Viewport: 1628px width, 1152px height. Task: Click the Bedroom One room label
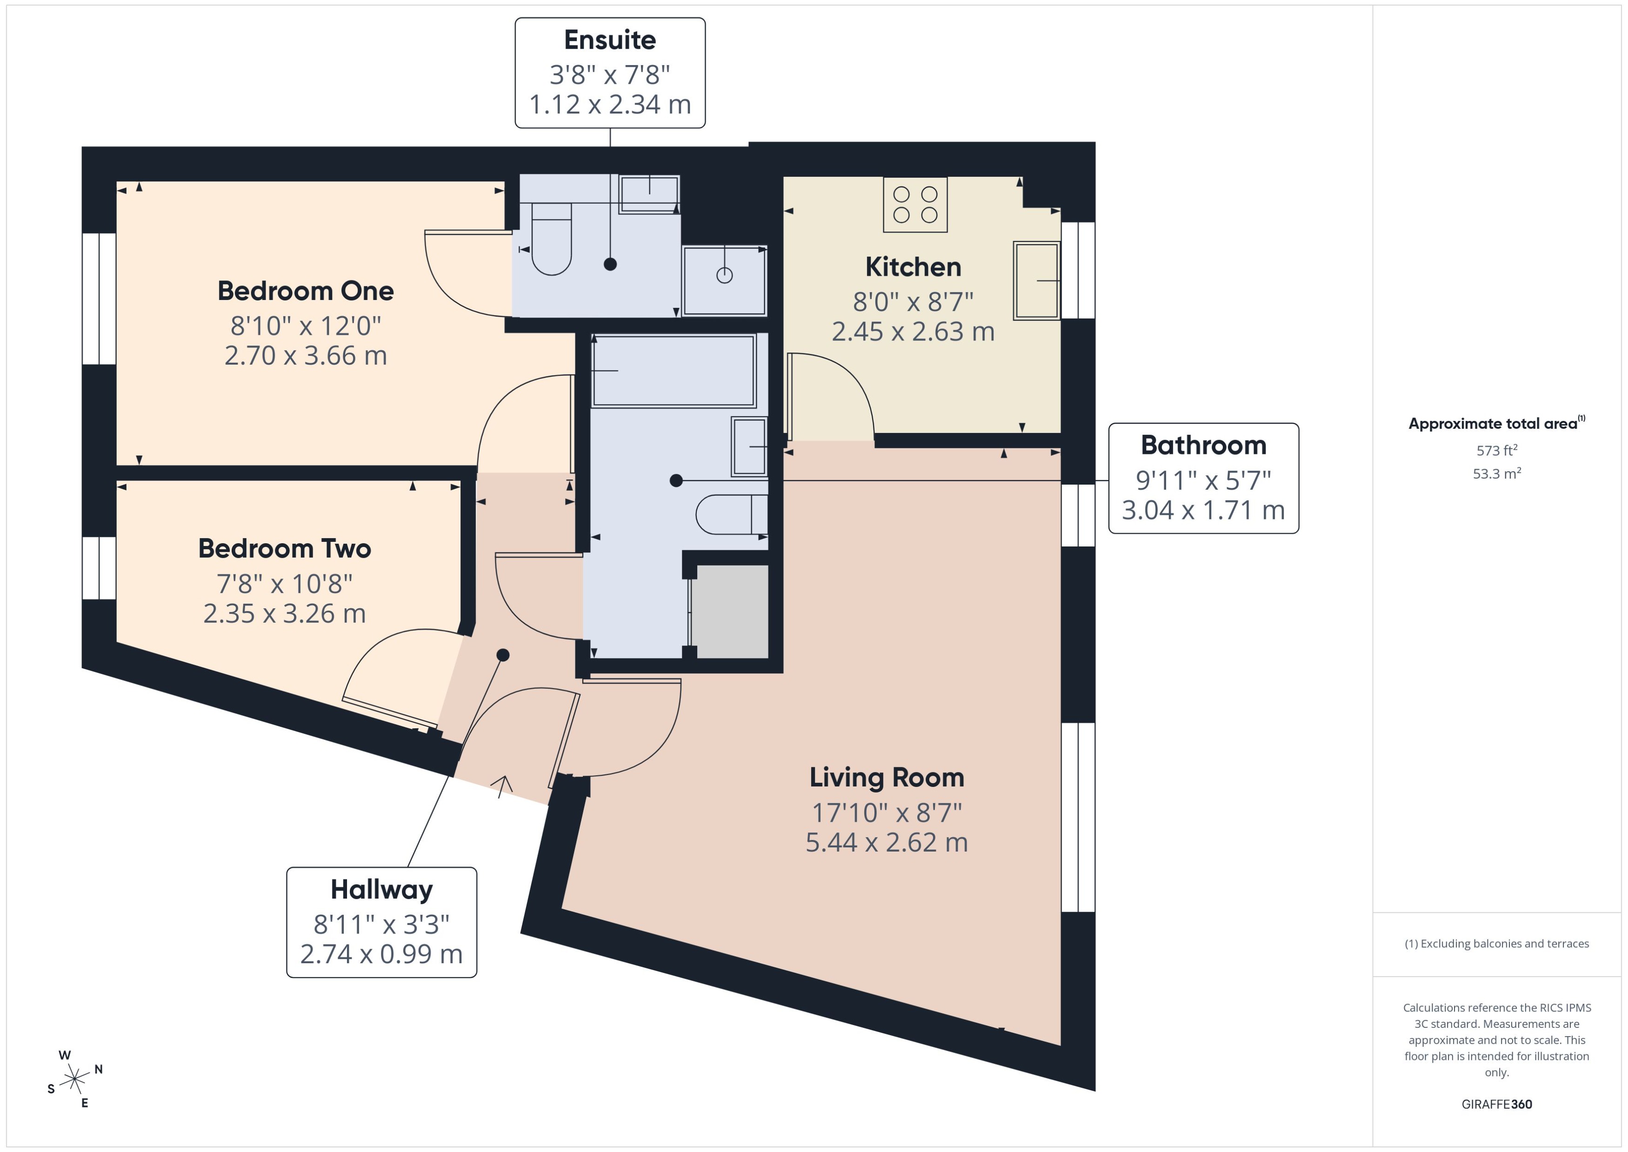[305, 291]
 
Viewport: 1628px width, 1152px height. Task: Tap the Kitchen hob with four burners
[914, 204]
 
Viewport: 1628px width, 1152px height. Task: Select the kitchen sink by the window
[1036, 280]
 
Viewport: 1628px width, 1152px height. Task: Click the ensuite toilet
[551, 239]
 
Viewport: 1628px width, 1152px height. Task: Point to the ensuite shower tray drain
[724, 275]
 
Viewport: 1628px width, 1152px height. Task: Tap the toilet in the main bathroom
[731, 514]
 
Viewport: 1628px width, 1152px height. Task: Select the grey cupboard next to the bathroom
[729, 612]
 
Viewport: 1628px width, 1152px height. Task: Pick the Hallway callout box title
[381, 890]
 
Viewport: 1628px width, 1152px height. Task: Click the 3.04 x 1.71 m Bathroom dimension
[1202, 510]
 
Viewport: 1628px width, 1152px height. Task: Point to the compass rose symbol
[74, 1079]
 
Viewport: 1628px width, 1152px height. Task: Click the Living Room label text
[886, 778]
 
